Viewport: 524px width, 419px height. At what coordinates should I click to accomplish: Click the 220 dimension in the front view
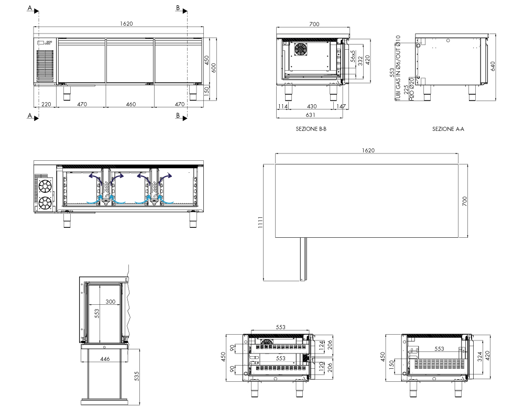coord(46,104)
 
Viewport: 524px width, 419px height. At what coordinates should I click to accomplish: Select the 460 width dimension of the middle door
coord(130,104)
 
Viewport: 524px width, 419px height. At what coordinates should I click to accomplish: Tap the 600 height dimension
coord(214,68)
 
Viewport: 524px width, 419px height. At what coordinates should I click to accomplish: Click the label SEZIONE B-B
coord(311,129)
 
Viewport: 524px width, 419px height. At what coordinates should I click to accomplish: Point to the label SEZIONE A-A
coord(448,129)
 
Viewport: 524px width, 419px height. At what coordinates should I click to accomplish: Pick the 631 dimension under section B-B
coord(310,115)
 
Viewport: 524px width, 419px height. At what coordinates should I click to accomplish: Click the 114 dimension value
coord(283,106)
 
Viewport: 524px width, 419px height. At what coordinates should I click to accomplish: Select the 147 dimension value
coord(341,106)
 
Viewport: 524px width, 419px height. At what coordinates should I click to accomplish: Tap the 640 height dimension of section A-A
coord(493,67)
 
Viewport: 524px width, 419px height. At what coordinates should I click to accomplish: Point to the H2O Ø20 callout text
coord(412,89)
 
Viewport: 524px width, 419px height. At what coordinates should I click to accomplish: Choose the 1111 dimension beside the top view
coord(260,222)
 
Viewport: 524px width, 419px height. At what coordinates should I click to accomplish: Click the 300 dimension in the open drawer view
coord(110,302)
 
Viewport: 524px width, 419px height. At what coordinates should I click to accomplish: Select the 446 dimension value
coord(105,359)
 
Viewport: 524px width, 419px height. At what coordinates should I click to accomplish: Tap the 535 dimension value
coord(136,376)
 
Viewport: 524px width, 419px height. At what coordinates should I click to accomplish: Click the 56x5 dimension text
coord(353,56)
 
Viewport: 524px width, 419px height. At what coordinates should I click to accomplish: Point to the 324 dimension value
coord(480,357)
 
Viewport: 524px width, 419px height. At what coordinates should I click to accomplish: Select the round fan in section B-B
coord(300,49)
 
